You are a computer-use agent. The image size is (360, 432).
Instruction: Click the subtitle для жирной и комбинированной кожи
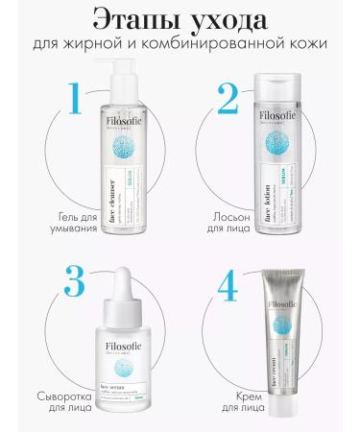(x=180, y=46)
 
